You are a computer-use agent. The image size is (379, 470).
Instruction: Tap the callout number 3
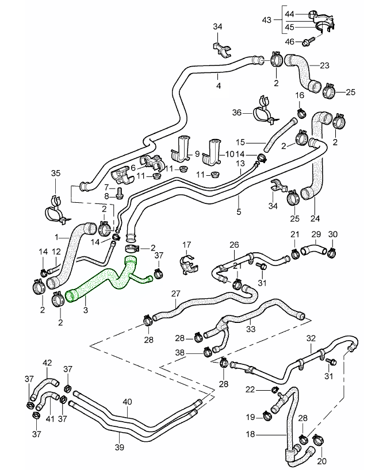click(x=85, y=310)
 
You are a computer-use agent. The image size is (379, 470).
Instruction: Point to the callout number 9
click(x=197, y=154)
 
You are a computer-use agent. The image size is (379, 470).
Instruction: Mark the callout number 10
click(x=230, y=154)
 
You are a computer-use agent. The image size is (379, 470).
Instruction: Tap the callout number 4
click(x=218, y=86)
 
